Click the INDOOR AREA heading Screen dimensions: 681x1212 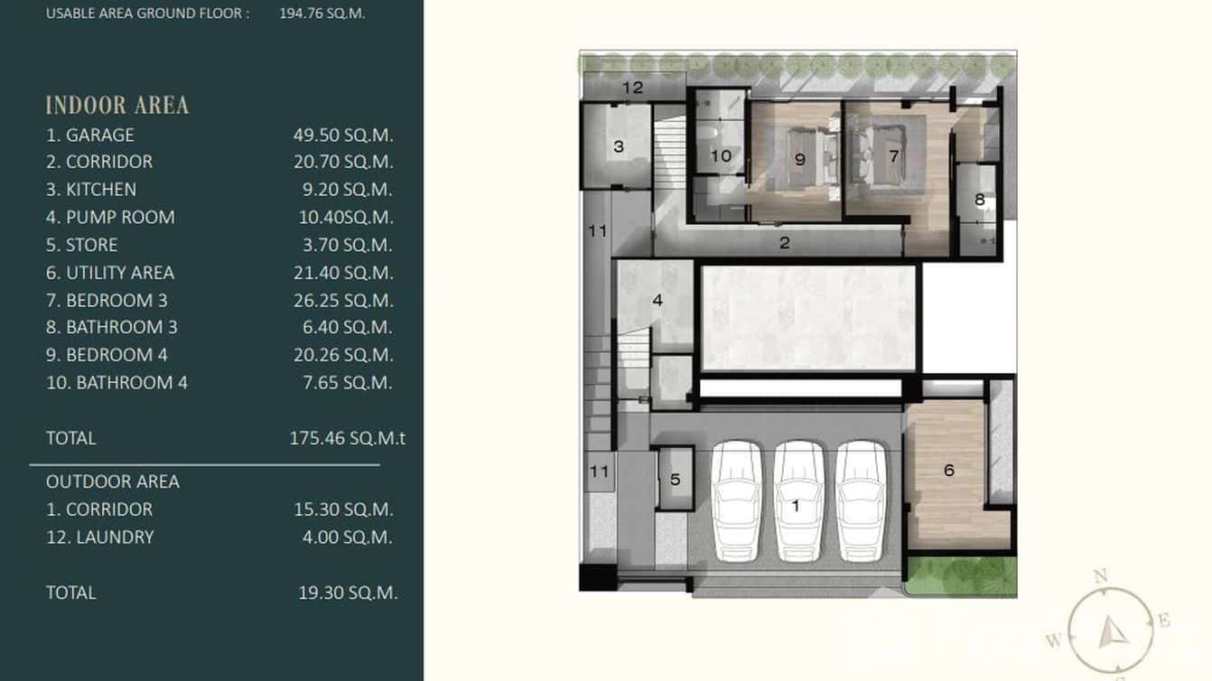coord(117,106)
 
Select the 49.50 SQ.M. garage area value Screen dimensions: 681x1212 coord(343,135)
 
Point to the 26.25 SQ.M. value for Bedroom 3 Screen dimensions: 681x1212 coord(343,301)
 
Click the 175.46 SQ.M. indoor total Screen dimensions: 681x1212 coord(347,439)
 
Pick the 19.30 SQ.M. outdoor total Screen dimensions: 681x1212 coord(348,593)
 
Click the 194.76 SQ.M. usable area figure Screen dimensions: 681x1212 coord(322,14)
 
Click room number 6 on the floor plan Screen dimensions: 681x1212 coord(949,471)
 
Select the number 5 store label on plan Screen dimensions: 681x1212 coord(676,480)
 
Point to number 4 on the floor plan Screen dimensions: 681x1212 coord(657,300)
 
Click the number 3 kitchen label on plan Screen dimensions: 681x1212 coord(619,146)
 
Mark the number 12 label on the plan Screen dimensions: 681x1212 coord(632,88)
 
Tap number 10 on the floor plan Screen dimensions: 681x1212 coord(721,156)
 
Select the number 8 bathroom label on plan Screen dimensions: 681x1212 coord(980,201)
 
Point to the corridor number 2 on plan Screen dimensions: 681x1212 coord(785,243)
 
